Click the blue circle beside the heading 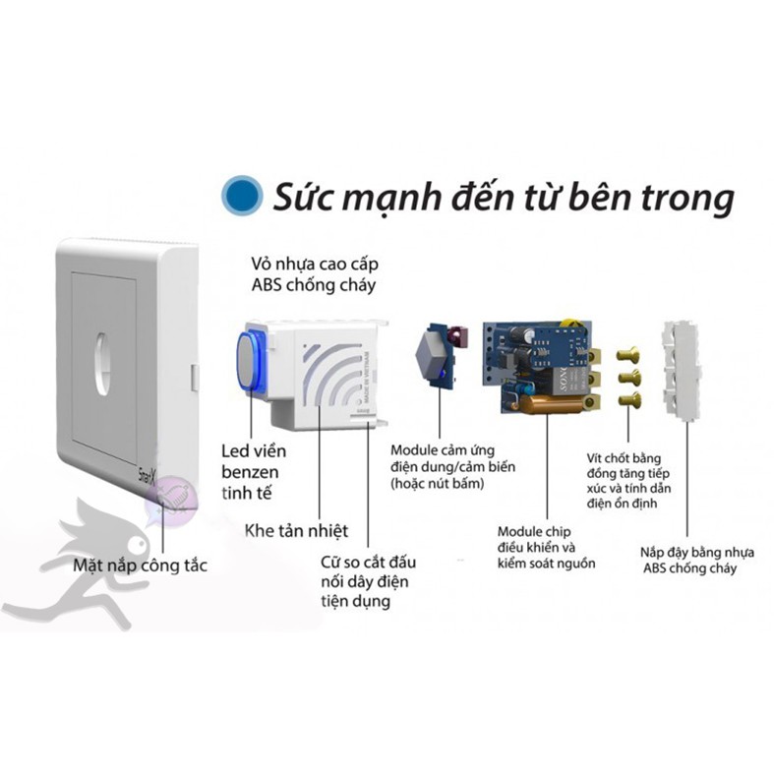tap(242, 194)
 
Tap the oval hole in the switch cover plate tap(102, 367)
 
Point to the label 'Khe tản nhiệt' tap(296, 531)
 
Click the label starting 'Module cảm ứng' tap(452, 466)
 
